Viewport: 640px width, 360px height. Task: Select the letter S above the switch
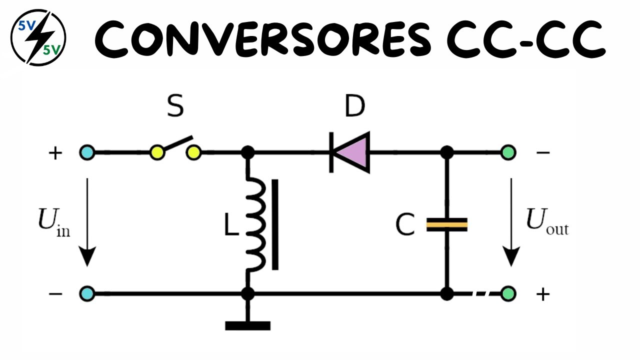pyautogui.click(x=175, y=107)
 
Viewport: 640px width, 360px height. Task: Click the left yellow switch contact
pyautogui.click(x=157, y=152)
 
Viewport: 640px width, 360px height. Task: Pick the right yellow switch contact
pyautogui.click(x=193, y=152)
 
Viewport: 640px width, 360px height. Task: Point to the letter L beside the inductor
pyautogui.click(x=231, y=226)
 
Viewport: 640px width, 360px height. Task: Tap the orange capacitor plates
pyautogui.click(x=446, y=224)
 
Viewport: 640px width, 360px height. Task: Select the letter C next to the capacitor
pyautogui.click(x=405, y=225)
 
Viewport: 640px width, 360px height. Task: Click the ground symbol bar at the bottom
pyautogui.click(x=247, y=326)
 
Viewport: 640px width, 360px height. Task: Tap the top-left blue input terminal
pyautogui.click(x=87, y=152)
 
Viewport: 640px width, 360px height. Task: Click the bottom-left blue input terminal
pyautogui.click(x=87, y=293)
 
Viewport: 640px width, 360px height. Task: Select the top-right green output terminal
pyautogui.click(x=508, y=152)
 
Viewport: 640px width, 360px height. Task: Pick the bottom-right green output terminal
pyautogui.click(x=508, y=293)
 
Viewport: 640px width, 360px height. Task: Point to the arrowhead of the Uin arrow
pyautogui.click(x=87, y=258)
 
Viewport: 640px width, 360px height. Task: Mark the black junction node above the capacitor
pyautogui.click(x=446, y=152)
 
